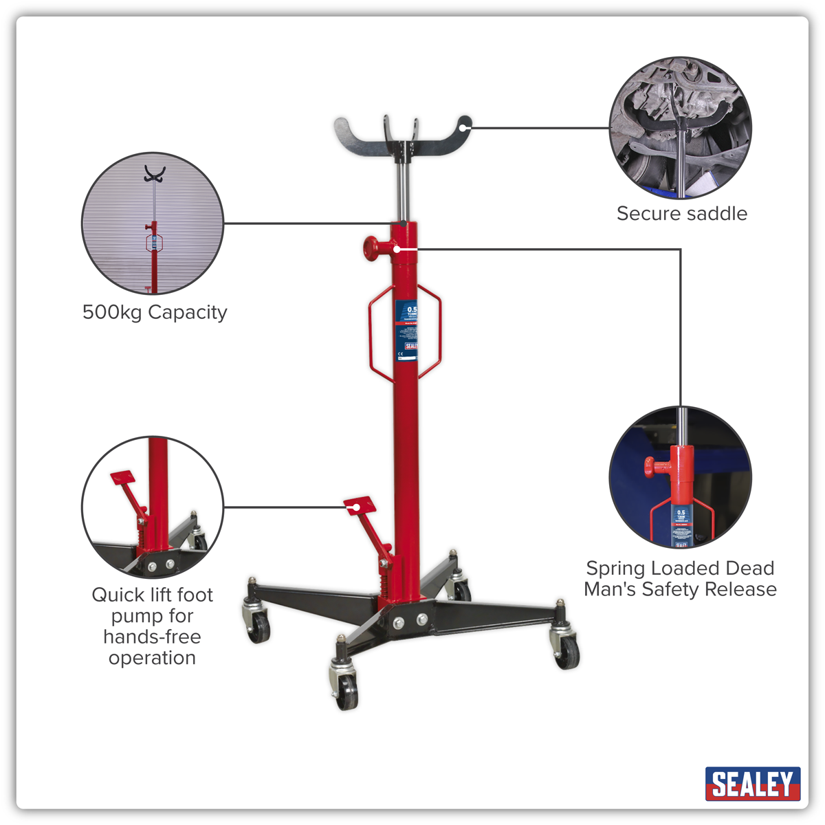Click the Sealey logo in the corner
[752, 784]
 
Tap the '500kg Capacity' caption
[155, 313]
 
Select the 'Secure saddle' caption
[681, 214]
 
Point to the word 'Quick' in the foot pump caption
[118, 595]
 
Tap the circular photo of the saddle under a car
[681, 128]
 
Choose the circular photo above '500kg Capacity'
[153, 223]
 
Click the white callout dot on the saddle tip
[465, 126]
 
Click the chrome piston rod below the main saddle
[403, 192]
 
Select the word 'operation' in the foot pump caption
[152, 658]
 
